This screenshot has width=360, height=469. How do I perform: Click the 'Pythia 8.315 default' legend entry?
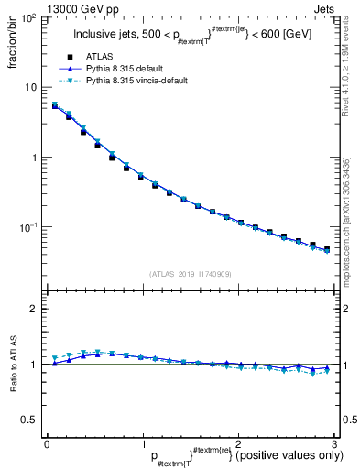click(x=128, y=69)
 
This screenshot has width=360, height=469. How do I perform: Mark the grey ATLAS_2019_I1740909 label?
click(x=189, y=274)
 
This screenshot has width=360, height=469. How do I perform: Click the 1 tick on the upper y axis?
click(x=35, y=157)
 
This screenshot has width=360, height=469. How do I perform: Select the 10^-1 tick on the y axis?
click(x=30, y=226)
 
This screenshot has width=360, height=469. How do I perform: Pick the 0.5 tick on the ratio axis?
click(x=30, y=420)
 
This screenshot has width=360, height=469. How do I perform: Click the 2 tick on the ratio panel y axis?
click(x=35, y=309)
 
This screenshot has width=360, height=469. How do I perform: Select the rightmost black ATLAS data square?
click(x=327, y=248)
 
